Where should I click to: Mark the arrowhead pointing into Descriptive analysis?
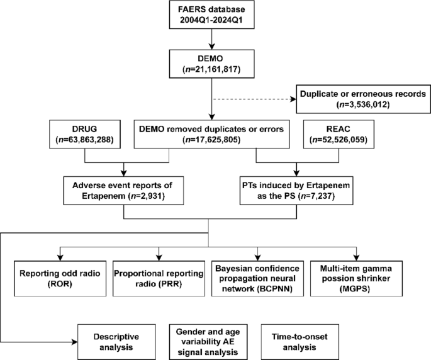[x=76, y=342]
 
